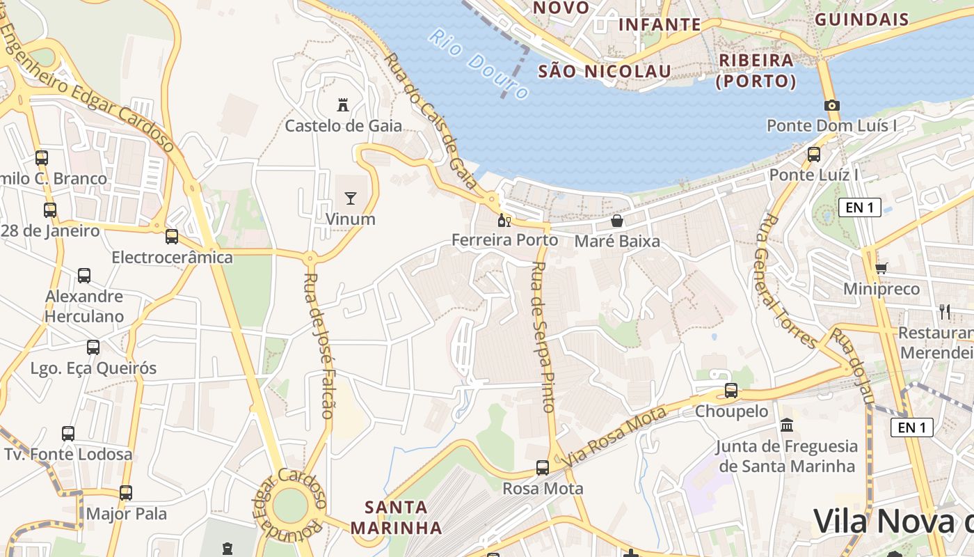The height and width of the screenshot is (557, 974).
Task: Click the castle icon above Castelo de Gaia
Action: point(342,105)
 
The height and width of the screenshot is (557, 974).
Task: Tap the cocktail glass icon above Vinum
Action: point(351,198)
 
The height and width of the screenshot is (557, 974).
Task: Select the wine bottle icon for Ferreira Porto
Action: point(504,221)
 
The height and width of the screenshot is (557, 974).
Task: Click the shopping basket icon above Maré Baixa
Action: point(616,221)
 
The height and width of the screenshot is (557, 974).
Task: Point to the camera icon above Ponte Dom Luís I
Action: point(831,105)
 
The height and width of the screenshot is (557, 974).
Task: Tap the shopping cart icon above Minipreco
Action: point(881,268)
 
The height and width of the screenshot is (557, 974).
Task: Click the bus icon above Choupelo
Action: point(731,391)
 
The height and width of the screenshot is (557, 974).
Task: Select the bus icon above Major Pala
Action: point(126,493)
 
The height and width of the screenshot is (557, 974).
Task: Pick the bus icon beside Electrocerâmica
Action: point(172,237)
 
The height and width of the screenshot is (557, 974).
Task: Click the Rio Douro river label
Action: point(479,63)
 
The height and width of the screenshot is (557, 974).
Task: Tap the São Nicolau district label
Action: point(605,71)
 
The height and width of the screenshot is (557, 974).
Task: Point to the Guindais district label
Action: point(861,19)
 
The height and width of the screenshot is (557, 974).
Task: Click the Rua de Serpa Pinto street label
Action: point(542,337)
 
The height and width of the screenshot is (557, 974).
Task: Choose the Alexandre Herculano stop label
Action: point(84,306)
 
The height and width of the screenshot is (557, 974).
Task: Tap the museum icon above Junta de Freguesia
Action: point(787,425)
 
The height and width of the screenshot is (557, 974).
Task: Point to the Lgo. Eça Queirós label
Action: point(93,368)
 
